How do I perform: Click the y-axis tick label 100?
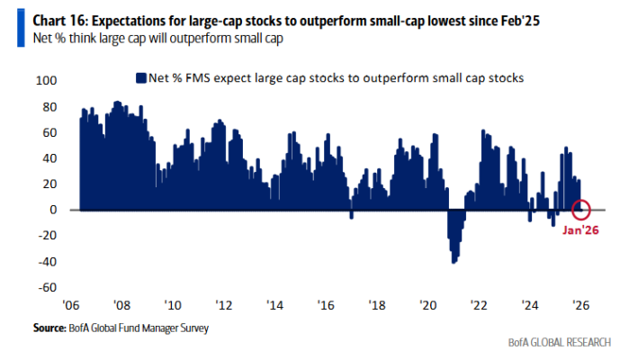point(45,81)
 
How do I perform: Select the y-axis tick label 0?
point(52,210)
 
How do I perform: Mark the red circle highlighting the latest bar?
point(581,210)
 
